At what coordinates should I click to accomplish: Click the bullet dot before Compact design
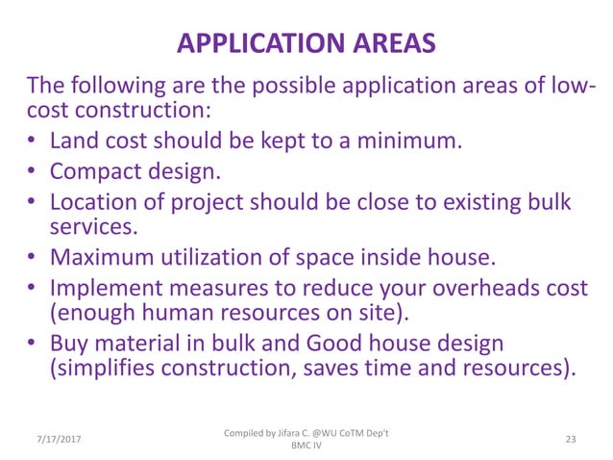pyautogui.click(x=32, y=173)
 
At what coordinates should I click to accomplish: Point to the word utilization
pyautogui.click(x=226, y=258)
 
